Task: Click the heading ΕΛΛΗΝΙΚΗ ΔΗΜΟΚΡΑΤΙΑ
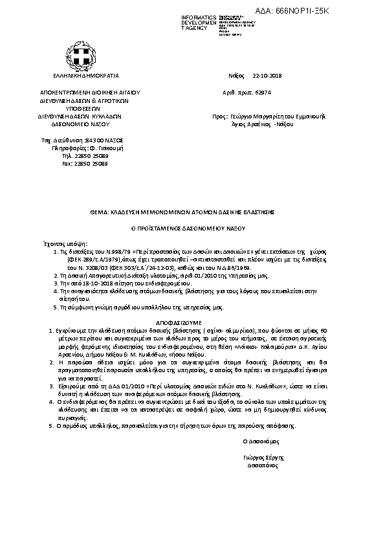(81, 75)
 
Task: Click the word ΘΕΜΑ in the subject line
(99, 212)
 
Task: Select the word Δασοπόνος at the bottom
(262, 465)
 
